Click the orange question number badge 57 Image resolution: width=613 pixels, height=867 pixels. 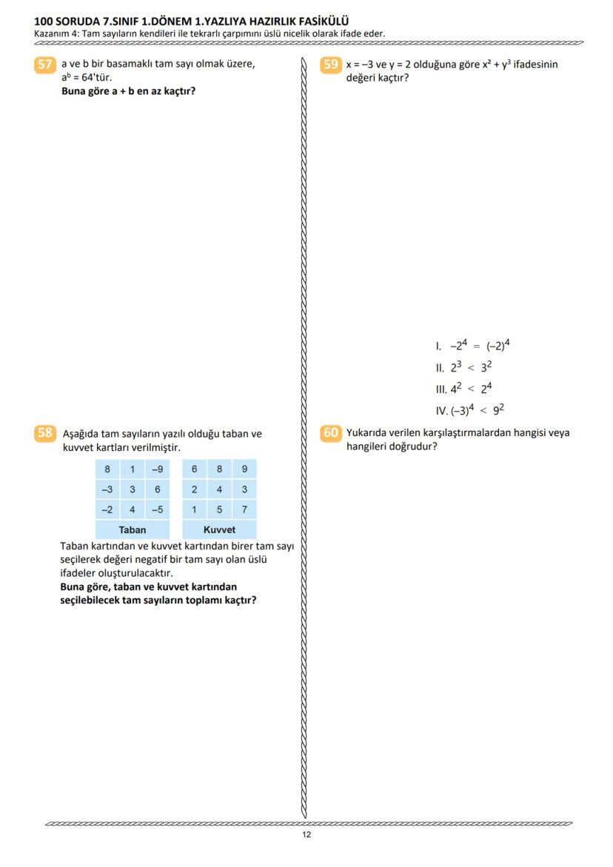click(x=44, y=64)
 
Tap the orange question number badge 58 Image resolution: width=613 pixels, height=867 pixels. click(x=44, y=433)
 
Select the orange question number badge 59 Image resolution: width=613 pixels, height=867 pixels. click(x=331, y=64)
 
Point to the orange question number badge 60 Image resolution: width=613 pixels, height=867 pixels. click(x=331, y=433)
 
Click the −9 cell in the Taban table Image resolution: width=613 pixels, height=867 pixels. click(x=157, y=469)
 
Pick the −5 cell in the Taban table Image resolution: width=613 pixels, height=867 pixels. click(x=157, y=509)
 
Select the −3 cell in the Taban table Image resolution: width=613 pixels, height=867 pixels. click(x=107, y=489)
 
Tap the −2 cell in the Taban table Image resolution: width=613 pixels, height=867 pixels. click(x=107, y=509)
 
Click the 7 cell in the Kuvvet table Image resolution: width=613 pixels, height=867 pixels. click(x=244, y=509)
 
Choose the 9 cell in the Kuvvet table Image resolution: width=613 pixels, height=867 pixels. click(x=244, y=469)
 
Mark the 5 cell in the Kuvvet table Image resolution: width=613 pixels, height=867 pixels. click(x=219, y=509)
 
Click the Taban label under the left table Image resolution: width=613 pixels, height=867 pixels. click(x=133, y=530)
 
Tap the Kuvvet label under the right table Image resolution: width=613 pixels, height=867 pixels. click(x=219, y=530)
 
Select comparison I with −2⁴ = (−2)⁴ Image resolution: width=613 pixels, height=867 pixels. click(x=474, y=345)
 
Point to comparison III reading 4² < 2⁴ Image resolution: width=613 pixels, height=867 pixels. click(x=464, y=389)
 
